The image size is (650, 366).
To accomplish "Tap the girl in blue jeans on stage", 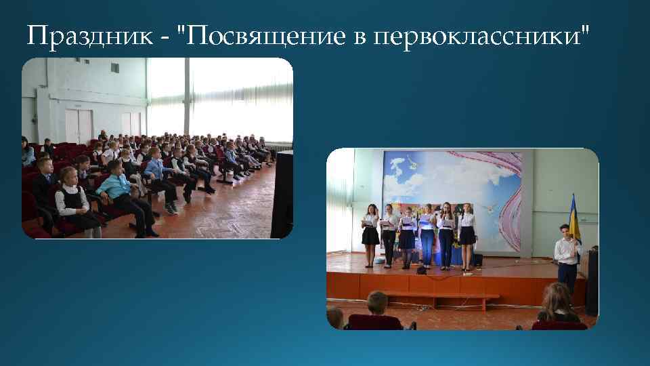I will (x=427, y=237).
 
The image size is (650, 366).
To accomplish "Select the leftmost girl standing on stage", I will (x=370, y=234).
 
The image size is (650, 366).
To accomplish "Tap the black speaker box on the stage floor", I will (x=477, y=260).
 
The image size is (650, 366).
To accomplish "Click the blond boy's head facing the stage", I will (x=377, y=302).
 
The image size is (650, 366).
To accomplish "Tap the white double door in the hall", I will (x=78, y=126).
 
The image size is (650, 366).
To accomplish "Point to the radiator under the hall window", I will (x=278, y=146).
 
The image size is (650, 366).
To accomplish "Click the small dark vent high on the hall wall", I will (x=114, y=68).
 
